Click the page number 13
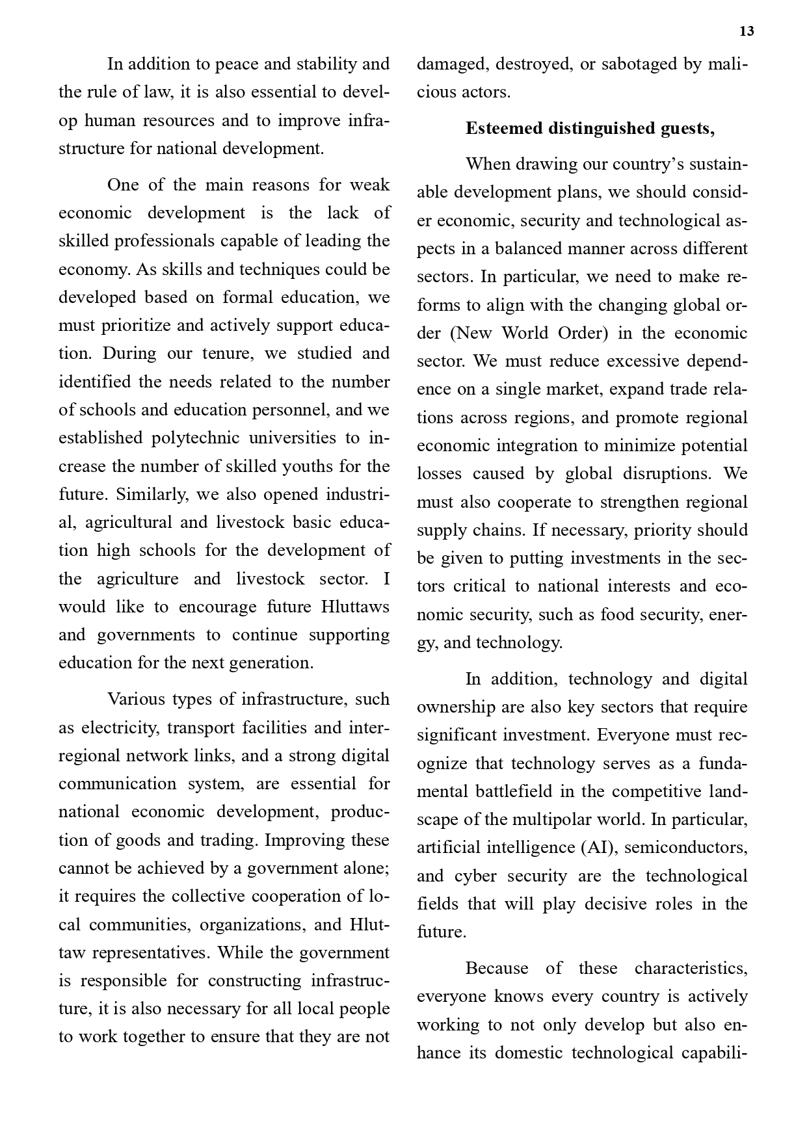[x=747, y=31]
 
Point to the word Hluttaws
[x=355, y=607]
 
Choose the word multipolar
[x=572, y=820]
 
